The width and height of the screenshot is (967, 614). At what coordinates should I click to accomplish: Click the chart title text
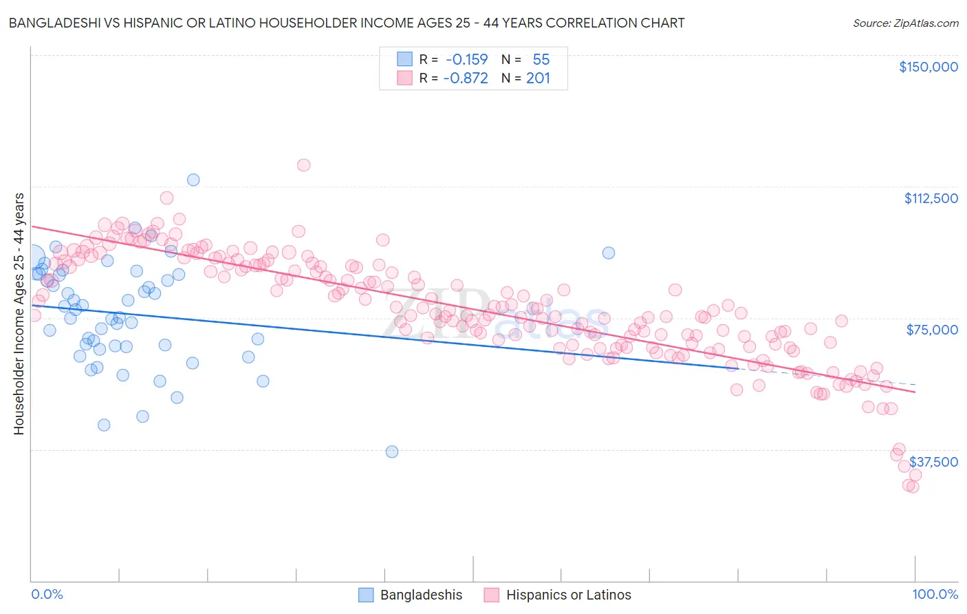346,23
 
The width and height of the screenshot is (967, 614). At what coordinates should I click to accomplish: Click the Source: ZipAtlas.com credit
905,23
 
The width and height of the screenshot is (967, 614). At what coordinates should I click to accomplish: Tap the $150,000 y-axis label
928,67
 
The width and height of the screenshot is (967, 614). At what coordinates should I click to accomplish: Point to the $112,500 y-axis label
931,198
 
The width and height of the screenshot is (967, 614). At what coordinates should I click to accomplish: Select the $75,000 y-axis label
932,330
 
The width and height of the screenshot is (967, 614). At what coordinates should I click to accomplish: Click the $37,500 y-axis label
933,462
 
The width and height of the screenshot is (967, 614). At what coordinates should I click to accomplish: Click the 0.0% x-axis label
47,594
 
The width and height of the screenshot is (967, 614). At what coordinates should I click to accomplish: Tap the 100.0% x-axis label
935,594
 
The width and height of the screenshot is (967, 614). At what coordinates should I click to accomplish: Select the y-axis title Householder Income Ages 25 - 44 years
19,314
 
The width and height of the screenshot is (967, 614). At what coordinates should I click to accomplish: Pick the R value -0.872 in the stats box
466,78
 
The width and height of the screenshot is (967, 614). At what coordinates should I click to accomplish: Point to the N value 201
538,78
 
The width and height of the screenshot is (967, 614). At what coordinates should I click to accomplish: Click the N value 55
541,59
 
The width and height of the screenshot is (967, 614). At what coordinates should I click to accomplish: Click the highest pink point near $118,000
303,165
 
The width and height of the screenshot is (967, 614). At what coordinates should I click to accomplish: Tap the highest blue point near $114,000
193,180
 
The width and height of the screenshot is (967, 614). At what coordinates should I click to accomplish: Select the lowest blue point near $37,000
392,452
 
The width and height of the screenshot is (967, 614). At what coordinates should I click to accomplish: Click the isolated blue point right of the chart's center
608,253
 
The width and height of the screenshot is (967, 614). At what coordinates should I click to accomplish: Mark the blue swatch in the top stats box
404,59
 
